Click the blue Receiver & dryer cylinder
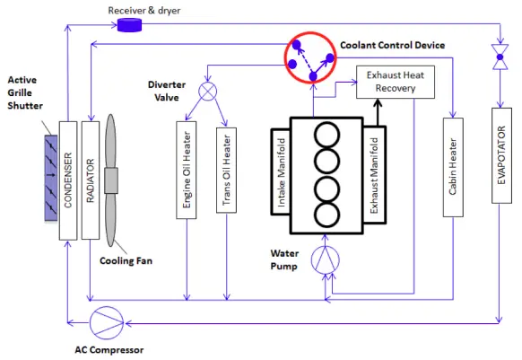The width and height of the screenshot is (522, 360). click(x=129, y=25)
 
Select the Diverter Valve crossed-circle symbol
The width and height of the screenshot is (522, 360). click(x=208, y=92)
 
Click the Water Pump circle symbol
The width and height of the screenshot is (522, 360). click(x=326, y=260)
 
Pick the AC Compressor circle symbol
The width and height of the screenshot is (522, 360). click(x=107, y=322)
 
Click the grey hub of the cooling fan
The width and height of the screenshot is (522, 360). click(x=111, y=180)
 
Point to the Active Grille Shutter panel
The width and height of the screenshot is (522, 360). click(x=51, y=178)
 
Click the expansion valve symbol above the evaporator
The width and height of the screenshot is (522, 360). click(x=500, y=57)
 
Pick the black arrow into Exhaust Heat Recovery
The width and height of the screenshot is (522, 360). click(x=378, y=112)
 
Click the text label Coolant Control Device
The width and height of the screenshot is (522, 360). click(x=393, y=45)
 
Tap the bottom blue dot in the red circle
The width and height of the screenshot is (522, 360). click(x=313, y=76)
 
